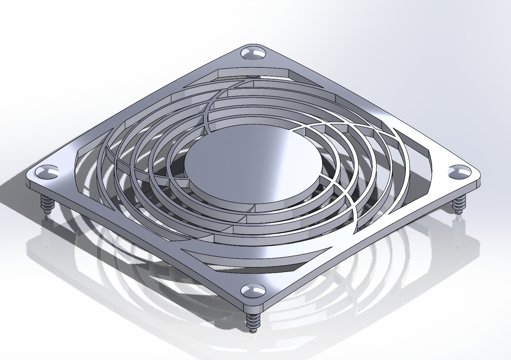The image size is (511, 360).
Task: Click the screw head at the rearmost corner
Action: point(253,53)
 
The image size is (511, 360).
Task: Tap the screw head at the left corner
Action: point(47,172)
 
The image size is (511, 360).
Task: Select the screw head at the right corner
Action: point(459,172)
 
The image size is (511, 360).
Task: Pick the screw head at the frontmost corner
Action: point(253,290)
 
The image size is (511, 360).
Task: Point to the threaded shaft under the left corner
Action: point(46,204)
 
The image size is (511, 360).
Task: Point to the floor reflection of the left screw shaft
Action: point(46,230)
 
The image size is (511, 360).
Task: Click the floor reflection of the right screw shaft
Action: point(459,233)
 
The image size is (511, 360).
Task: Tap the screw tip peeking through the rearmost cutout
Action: point(253,76)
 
